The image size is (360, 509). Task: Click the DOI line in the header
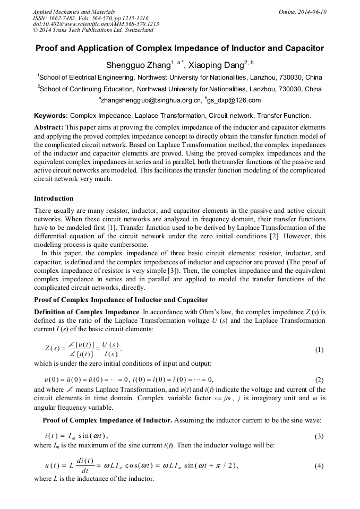[96, 24]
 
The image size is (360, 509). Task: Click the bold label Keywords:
[51, 115]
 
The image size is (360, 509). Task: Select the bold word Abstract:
[49, 127]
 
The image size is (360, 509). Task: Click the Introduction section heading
[54, 199]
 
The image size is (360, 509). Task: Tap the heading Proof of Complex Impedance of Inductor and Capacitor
[121, 300]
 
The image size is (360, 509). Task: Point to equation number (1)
[319, 350]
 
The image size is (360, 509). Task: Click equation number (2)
[319, 379]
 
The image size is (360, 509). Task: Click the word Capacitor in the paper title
[303, 48]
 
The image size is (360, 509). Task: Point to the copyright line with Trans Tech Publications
[93, 31]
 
